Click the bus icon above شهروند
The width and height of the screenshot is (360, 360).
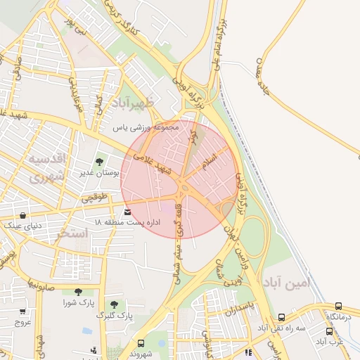coord(141,344)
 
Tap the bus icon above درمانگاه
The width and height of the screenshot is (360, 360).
coord(339,307)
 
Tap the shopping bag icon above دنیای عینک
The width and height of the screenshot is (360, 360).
coord(24,215)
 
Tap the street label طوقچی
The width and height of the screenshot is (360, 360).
coord(96,198)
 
